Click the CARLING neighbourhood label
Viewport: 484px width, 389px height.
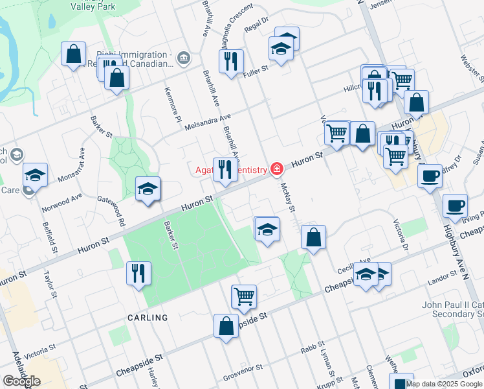point(148,318)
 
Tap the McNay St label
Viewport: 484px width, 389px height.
point(288,198)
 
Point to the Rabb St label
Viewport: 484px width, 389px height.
point(312,349)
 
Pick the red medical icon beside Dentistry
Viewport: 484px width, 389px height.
point(277,170)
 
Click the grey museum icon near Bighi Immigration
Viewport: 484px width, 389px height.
point(184,59)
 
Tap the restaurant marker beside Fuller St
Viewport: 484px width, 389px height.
point(230,62)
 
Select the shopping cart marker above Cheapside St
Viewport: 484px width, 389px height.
point(244,296)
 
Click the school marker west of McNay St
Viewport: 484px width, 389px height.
point(267,229)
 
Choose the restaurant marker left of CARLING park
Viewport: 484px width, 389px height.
point(139,273)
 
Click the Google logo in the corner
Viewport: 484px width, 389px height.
point(21,381)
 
